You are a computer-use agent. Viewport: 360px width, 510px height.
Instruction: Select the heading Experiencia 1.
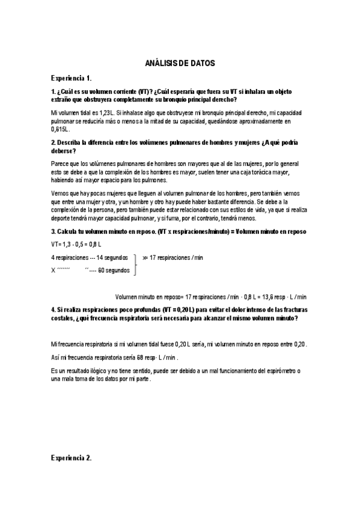71,78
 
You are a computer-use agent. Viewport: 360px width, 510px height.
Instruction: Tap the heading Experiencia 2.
71,458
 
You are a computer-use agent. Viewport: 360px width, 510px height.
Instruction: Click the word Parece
61,164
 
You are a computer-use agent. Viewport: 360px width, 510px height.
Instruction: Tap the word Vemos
60,192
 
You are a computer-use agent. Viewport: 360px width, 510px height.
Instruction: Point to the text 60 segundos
114,270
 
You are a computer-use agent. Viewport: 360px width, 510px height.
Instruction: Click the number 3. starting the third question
53,232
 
